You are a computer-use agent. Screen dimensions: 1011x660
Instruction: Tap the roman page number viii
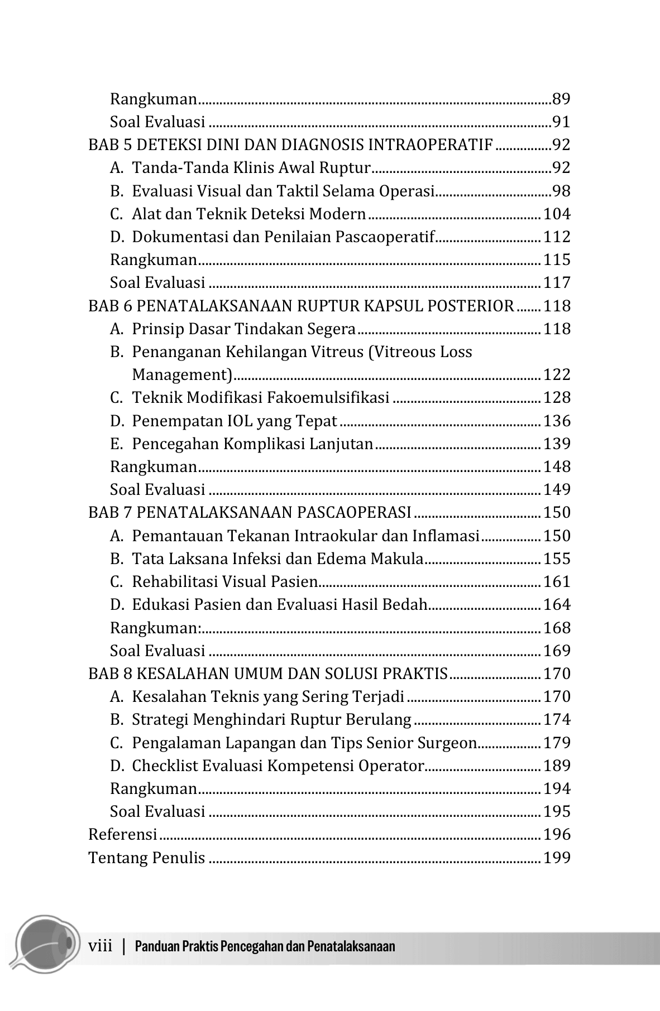click(101, 946)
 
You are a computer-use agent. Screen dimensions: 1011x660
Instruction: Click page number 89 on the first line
click(561, 99)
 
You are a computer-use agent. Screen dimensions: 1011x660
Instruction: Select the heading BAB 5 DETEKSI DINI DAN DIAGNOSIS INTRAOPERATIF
click(290, 145)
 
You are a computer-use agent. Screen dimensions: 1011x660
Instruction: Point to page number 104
click(557, 214)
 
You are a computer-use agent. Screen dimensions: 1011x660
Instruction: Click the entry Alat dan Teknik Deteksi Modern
click(248, 214)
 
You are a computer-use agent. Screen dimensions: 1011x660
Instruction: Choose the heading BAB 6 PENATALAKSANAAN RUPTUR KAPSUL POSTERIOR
click(301, 306)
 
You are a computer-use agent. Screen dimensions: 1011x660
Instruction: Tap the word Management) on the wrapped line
click(182, 374)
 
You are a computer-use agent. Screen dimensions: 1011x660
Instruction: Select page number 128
click(557, 398)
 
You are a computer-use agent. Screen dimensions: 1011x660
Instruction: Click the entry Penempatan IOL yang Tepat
click(235, 421)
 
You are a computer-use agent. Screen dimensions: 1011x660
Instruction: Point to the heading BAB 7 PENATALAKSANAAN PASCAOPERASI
click(250, 512)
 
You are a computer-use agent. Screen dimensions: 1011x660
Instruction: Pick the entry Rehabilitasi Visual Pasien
click(224, 581)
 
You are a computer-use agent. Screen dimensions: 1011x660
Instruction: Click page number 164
click(557, 604)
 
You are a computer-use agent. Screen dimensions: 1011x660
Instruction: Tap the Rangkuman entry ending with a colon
click(156, 628)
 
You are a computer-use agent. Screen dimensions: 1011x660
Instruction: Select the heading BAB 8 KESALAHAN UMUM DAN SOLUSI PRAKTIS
click(268, 673)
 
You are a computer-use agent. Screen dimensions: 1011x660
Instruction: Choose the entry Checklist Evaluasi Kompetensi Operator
click(278, 766)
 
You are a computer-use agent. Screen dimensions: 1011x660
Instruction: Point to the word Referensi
click(123, 835)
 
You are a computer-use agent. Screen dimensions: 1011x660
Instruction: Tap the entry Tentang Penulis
click(147, 858)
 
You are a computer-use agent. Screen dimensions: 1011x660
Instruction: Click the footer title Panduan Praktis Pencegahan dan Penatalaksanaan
click(265, 946)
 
